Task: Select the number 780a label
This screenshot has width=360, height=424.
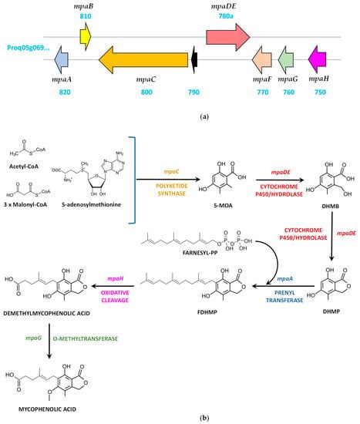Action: pos(226,15)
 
